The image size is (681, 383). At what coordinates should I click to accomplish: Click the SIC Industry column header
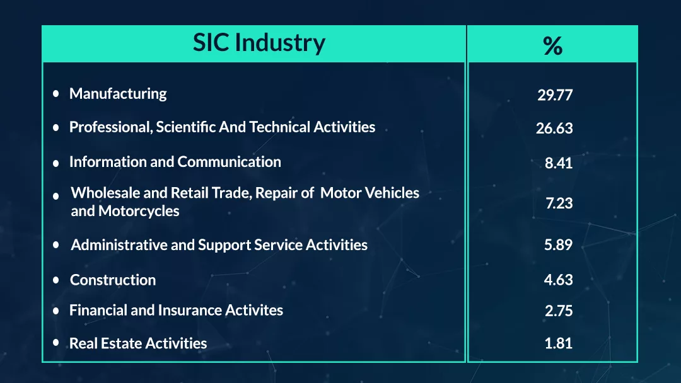click(x=259, y=43)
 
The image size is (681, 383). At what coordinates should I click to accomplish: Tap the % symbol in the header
click(x=552, y=45)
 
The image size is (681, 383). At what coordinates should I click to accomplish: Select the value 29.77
click(x=555, y=95)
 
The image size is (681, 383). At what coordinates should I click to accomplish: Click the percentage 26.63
click(x=555, y=129)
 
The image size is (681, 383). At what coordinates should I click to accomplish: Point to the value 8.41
click(x=559, y=163)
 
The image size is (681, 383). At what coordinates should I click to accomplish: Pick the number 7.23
click(x=559, y=203)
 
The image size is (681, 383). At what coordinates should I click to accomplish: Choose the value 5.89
click(x=559, y=244)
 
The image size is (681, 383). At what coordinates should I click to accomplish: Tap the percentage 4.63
click(x=559, y=280)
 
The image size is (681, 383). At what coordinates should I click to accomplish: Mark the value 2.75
click(x=559, y=311)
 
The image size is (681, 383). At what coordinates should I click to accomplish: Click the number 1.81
click(x=559, y=343)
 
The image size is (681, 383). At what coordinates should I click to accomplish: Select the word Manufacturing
click(x=118, y=94)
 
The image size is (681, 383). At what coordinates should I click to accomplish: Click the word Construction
click(x=113, y=280)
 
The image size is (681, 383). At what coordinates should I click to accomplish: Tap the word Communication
click(x=230, y=162)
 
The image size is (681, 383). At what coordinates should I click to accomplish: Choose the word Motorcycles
click(x=139, y=211)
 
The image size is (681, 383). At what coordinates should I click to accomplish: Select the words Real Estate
click(x=105, y=343)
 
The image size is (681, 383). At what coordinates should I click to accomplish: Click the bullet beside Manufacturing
click(x=56, y=94)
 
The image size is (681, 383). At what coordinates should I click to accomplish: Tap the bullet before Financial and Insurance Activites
click(x=56, y=311)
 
